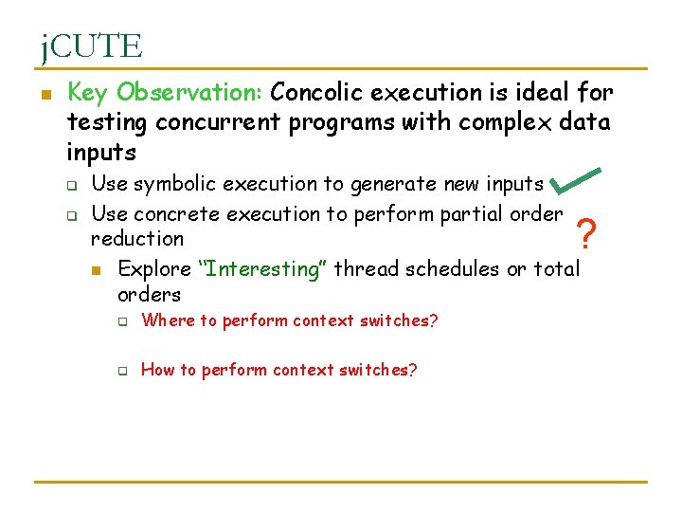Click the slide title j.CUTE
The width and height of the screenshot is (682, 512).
[91, 46]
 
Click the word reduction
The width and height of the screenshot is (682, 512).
[137, 239]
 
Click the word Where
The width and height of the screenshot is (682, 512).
[167, 320]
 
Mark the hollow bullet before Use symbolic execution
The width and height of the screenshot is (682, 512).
[70, 185]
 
